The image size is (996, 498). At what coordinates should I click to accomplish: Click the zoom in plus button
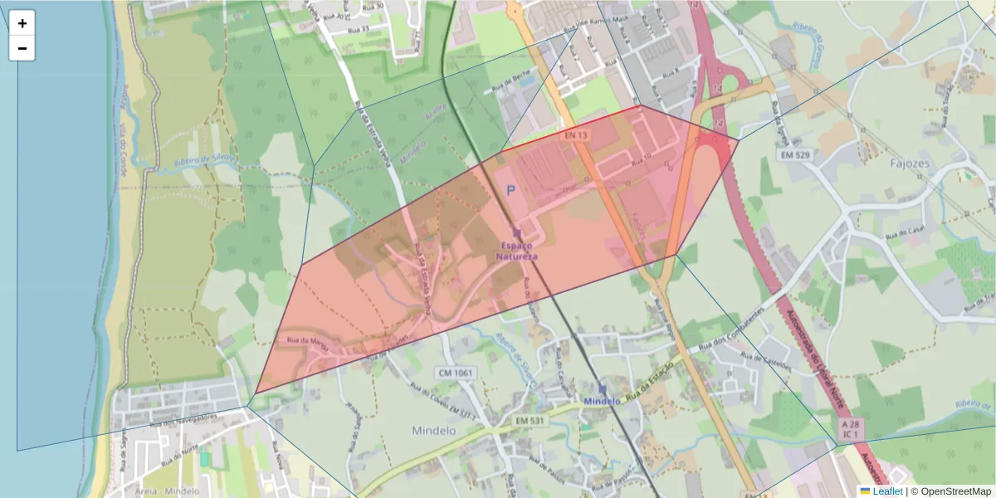coord(22,23)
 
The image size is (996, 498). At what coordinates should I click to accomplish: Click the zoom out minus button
coord(22,48)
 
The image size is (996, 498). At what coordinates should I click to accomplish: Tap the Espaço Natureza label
coord(516,251)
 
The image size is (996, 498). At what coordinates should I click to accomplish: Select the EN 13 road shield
coord(576,134)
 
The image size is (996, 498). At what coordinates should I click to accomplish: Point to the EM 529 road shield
coord(794,155)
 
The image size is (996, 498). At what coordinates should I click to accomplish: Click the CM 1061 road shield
coord(453,373)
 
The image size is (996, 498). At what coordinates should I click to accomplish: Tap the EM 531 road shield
coord(529,421)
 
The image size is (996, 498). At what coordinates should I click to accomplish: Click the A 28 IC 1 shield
coord(852,429)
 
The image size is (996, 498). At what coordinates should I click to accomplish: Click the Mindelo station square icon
coord(603,388)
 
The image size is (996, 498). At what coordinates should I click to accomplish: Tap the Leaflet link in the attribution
coord(887,491)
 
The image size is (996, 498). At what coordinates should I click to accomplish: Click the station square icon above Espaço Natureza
coord(517,233)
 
